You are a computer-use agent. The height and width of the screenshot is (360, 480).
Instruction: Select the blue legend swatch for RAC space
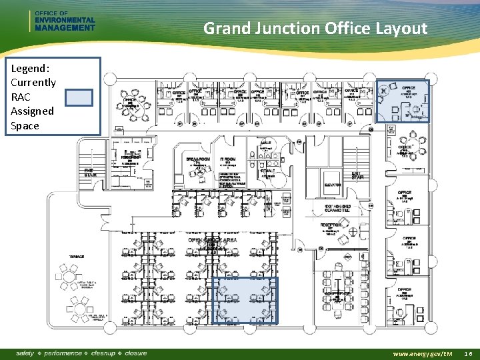point(79,97)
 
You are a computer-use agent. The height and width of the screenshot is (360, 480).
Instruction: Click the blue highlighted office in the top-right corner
point(402,101)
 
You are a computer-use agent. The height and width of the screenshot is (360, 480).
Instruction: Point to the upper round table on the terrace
point(69,275)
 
